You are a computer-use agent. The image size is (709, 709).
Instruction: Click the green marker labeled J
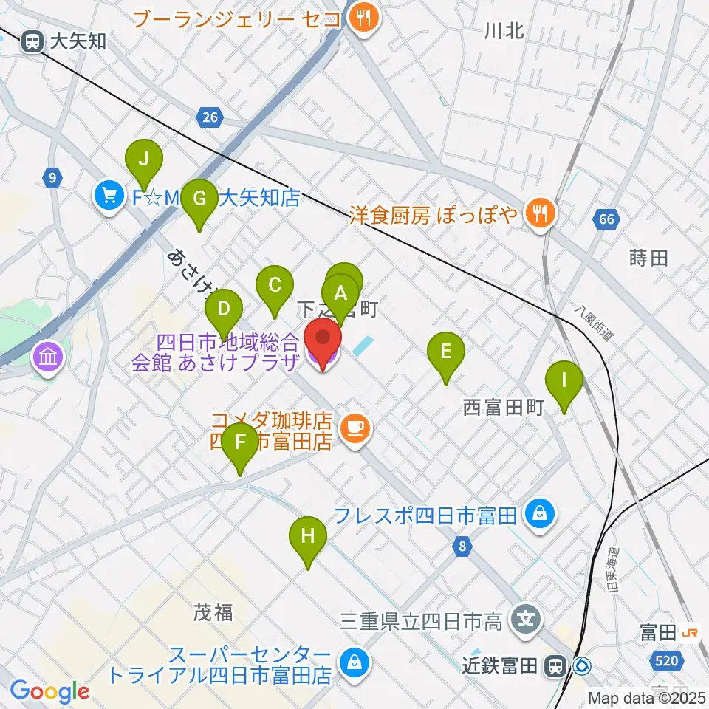click(144, 158)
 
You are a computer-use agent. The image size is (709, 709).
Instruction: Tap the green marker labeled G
click(199, 199)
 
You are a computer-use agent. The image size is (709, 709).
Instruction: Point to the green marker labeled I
click(564, 381)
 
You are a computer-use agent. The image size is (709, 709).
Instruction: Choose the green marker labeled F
click(240, 442)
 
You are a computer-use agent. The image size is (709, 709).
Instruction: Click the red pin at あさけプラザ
click(323, 340)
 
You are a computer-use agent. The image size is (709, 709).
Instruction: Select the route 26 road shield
click(210, 116)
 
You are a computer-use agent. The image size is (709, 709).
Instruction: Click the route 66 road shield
click(606, 219)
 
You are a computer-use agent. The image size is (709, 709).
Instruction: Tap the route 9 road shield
click(51, 177)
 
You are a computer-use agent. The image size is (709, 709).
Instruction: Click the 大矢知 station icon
click(32, 41)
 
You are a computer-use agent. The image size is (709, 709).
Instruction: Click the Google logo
click(50, 692)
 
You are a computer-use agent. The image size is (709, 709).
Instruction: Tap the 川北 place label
click(504, 31)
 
